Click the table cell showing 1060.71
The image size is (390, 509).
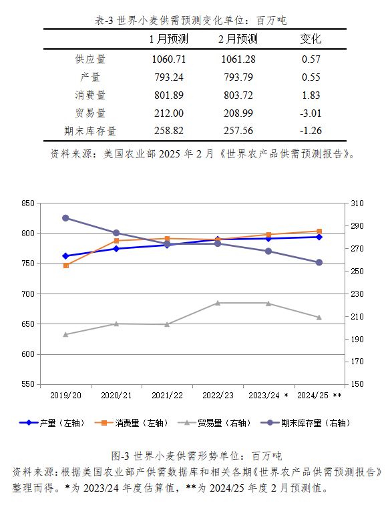pos(169,59)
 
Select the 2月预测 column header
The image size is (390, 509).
pos(238,39)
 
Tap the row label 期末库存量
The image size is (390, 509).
pos(90,131)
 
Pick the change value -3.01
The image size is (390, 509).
pos(311,113)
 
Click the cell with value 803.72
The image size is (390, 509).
pos(238,95)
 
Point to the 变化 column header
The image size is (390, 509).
pos(311,39)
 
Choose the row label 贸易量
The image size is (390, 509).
pos(90,113)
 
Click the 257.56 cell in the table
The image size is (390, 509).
pos(238,131)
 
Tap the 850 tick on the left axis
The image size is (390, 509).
pos(28,203)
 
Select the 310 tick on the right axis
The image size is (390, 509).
pos(357,203)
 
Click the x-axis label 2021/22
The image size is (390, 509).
pos(167,396)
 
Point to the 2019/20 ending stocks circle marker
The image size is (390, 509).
pos(65,218)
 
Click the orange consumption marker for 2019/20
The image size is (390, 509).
pos(66,266)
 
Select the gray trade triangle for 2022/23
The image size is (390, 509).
pos(218,303)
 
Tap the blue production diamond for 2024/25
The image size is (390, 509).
pos(319,237)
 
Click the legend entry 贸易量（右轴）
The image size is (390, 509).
pos(215,423)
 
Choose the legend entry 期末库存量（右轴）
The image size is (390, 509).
pos(306,423)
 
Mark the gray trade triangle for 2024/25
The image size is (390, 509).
pos(319,318)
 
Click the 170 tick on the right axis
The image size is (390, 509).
pos(357,362)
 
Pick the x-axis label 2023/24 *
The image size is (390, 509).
pos(268,396)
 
